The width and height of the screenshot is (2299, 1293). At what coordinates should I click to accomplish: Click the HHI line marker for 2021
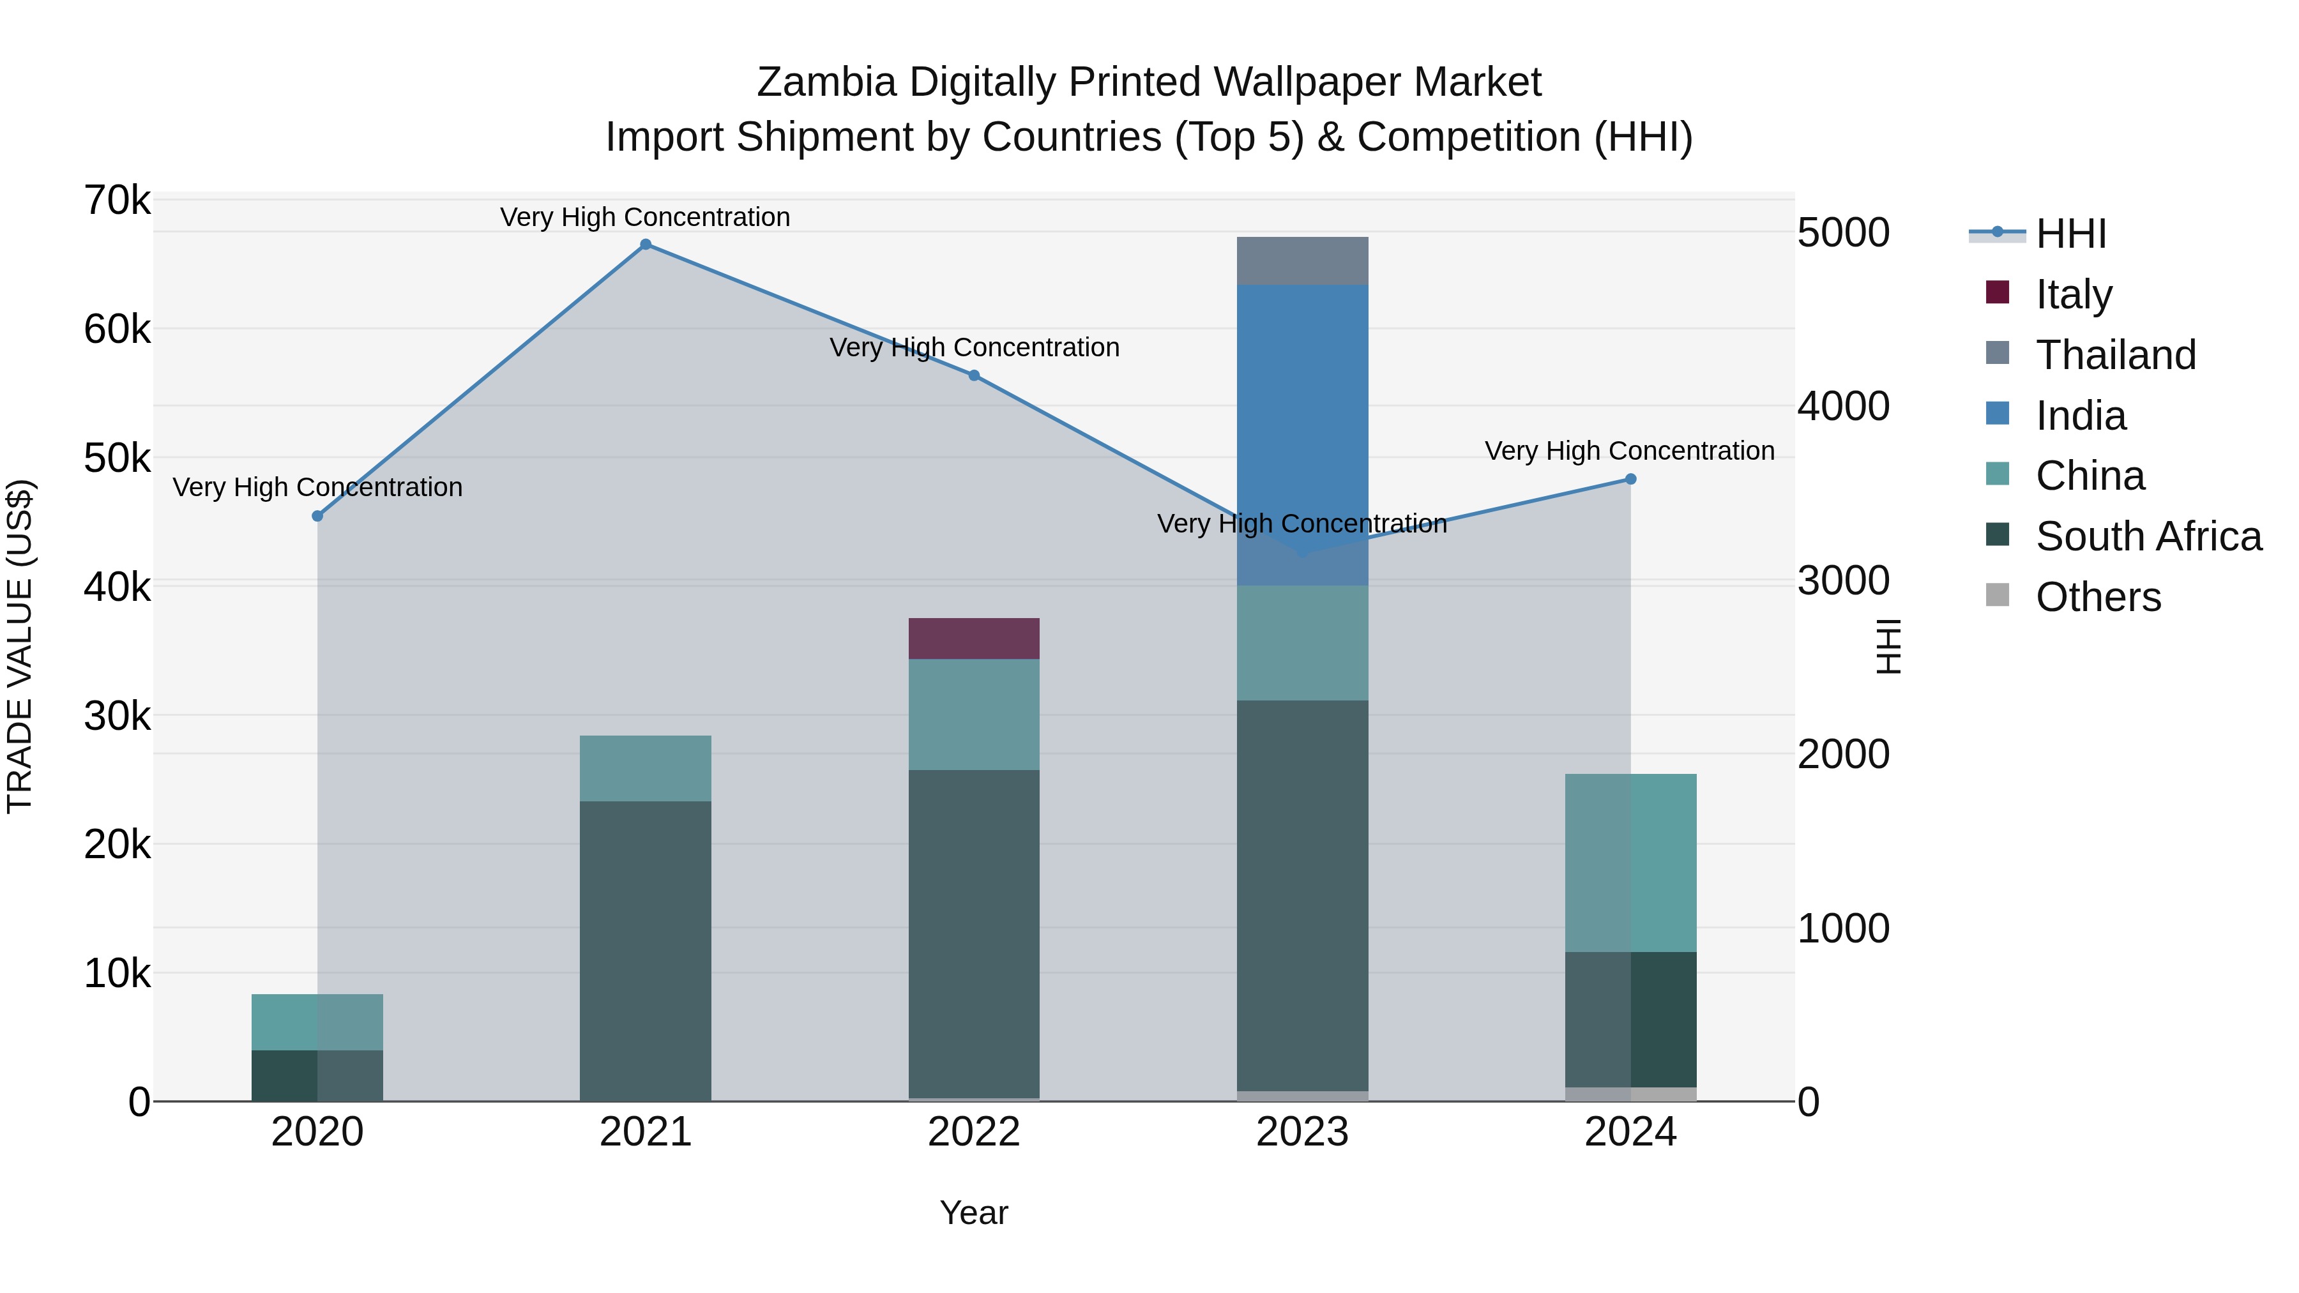[x=645, y=245]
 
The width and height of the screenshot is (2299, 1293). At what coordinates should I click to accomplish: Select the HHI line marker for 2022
[x=974, y=375]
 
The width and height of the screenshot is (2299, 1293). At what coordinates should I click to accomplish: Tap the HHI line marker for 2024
[x=1630, y=479]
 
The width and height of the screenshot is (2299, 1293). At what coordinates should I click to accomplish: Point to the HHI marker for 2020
[x=318, y=516]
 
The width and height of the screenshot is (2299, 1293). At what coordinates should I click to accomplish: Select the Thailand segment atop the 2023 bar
[x=1302, y=261]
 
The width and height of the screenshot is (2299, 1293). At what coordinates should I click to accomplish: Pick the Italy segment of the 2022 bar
[x=974, y=638]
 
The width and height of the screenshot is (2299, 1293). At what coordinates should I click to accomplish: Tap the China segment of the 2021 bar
[x=645, y=768]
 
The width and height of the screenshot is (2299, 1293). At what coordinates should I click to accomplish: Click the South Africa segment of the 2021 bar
[x=645, y=950]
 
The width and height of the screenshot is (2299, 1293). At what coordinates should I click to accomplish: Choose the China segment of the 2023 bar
[x=1302, y=642]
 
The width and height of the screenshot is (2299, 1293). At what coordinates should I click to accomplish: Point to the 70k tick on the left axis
[x=117, y=200]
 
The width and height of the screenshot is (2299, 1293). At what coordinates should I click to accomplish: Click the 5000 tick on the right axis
[x=1843, y=233]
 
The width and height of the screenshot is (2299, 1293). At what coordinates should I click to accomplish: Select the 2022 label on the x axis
[x=974, y=1132]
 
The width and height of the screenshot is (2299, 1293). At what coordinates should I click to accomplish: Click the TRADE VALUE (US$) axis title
[x=20, y=646]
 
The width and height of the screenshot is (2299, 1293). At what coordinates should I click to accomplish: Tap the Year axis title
[x=974, y=1213]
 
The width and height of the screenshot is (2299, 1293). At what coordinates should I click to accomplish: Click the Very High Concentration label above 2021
[x=645, y=217]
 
